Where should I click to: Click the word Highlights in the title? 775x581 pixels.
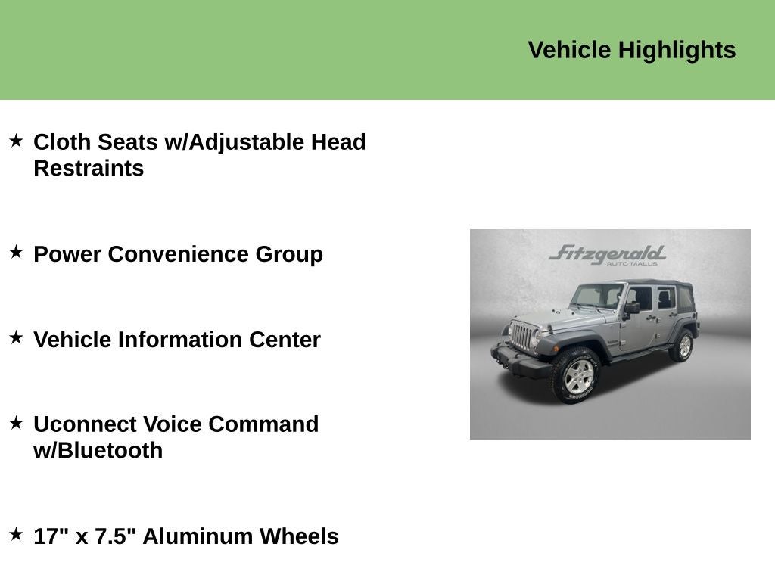[x=677, y=51]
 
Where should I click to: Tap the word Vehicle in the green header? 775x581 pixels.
[x=569, y=51]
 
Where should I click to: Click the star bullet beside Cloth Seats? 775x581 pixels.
[x=16, y=141]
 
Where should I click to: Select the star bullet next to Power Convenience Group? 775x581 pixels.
[x=16, y=252]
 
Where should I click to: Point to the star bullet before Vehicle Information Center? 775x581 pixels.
[x=16, y=338]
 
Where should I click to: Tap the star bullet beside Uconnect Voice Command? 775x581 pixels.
[x=16, y=423]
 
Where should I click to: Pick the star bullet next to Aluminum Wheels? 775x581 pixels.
[x=16, y=535]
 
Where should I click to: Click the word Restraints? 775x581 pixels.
[x=89, y=169]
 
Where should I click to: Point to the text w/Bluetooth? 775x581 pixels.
[x=98, y=451]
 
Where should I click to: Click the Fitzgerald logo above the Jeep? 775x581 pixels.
[x=608, y=254]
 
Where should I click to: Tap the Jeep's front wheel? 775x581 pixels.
[x=578, y=375]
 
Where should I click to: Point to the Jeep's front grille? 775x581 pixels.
[x=521, y=337]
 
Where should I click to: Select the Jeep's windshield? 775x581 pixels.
[x=597, y=296]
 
